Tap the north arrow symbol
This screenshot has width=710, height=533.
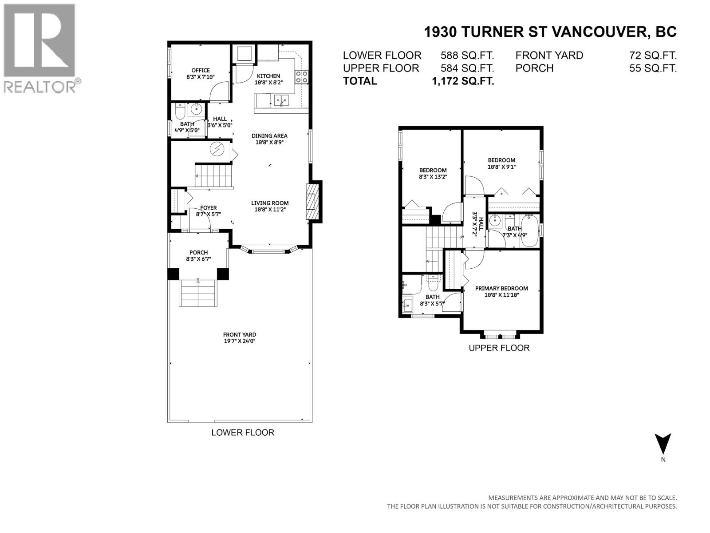click(663, 443)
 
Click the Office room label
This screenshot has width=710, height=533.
click(201, 70)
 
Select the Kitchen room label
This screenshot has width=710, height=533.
click(268, 76)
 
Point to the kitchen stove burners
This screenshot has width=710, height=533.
click(302, 77)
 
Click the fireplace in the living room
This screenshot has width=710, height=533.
click(312, 202)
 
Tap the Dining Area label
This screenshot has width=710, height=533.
click(269, 136)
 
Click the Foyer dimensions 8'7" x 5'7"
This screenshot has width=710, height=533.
click(208, 214)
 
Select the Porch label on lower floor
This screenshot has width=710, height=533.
click(198, 252)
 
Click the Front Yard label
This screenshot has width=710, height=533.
click(239, 335)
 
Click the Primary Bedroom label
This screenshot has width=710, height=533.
click(501, 288)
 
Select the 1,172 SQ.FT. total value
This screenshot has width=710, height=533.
click(463, 81)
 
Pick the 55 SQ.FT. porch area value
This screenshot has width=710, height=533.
click(653, 68)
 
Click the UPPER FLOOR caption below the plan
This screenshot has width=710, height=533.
click(499, 348)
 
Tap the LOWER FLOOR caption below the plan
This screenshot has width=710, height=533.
click(243, 432)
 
